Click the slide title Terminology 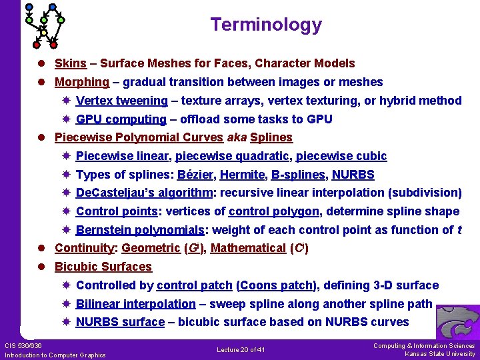pos(266,25)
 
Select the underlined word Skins pos(70,64)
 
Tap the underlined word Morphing pos(81,83)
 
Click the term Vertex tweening pos(122,101)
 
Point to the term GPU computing pos(121,119)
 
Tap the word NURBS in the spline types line pos(353,175)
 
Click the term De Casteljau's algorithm pos(144,193)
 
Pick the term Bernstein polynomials pos(140,230)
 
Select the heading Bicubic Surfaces pos(103,267)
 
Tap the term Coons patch pos(276,285)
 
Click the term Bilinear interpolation pos(136,304)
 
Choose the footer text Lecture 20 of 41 pos(241,350)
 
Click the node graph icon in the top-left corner pos(44,24)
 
